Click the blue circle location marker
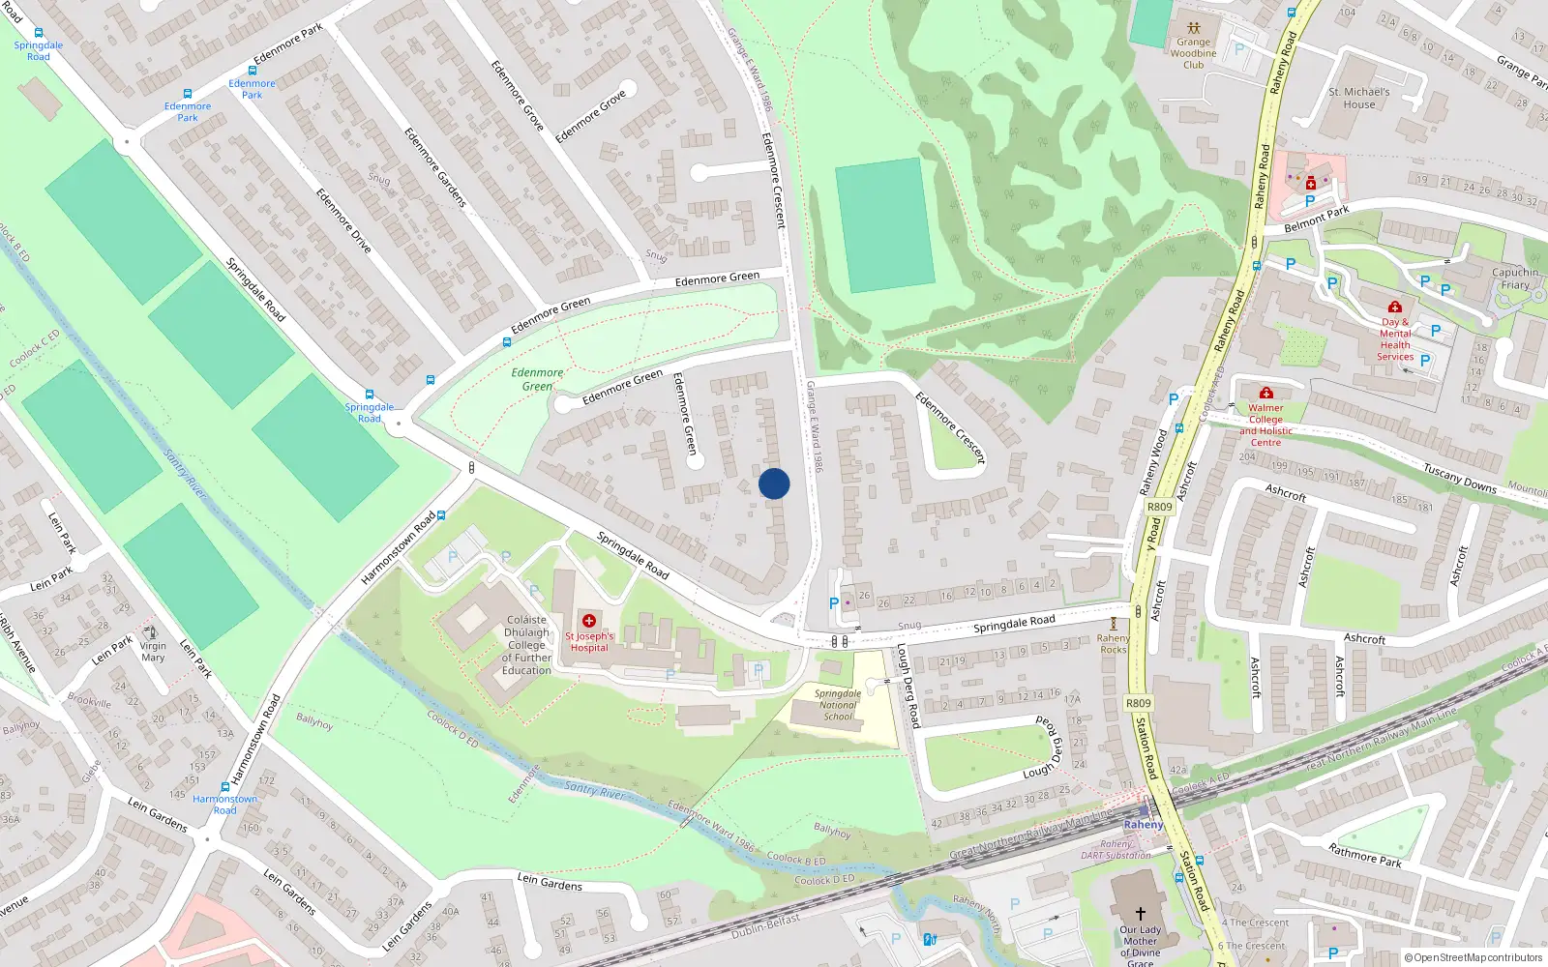click(774, 483)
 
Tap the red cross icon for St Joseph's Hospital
click(588, 621)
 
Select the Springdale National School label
click(838, 705)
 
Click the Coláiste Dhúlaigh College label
click(526, 645)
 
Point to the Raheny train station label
click(1144, 825)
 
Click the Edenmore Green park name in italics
click(537, 379)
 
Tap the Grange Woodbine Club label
click(1194, 53)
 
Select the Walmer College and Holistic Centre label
click(1265, 425)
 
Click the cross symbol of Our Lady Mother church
click(1140, 913)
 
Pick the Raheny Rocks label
click(1114, 644)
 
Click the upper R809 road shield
click(1159, 507)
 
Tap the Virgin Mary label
click(153, 652)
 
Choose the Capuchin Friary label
click(1515, 278)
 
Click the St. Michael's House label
click(1358, 98)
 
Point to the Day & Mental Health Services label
click(1395, 339)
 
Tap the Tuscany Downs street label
click(1460, 478)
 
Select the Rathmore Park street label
click(1364, 856)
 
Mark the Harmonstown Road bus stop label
click(224, 805)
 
